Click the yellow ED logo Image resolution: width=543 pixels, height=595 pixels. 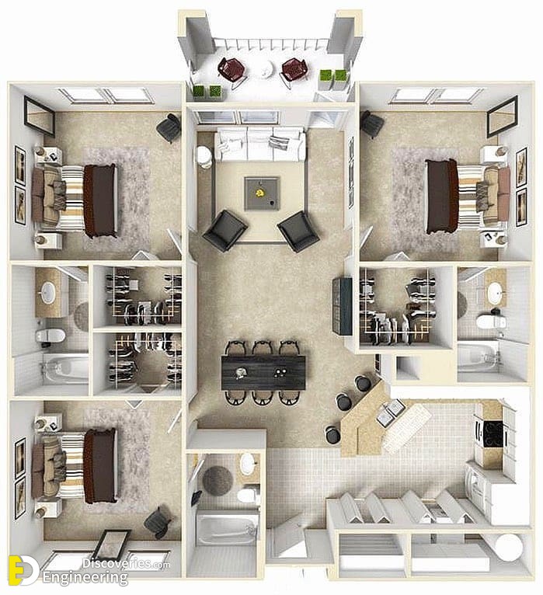point(23,570)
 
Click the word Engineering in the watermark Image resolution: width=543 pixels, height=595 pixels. point(85,579)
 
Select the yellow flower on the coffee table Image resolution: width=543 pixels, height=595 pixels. point(260,193)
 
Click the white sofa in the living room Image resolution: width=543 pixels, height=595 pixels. point(260,145)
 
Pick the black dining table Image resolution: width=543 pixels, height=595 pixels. point(263,373)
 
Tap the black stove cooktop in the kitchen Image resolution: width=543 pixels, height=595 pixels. point(493,433)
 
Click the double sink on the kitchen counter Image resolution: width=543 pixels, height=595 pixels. point(391,413)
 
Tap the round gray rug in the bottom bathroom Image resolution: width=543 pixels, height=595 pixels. point(218,481)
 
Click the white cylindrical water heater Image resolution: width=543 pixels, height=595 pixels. point(509,547)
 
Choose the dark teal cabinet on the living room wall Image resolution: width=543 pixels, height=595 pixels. point(343,306)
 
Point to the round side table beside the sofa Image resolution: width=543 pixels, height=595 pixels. point(204,156)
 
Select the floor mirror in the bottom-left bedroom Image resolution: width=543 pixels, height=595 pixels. point(112,545)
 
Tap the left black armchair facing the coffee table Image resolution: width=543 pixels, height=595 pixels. point(225,231)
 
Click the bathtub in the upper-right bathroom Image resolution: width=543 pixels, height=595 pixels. point(478,356)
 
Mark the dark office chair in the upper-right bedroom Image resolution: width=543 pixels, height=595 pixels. point(371,124)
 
